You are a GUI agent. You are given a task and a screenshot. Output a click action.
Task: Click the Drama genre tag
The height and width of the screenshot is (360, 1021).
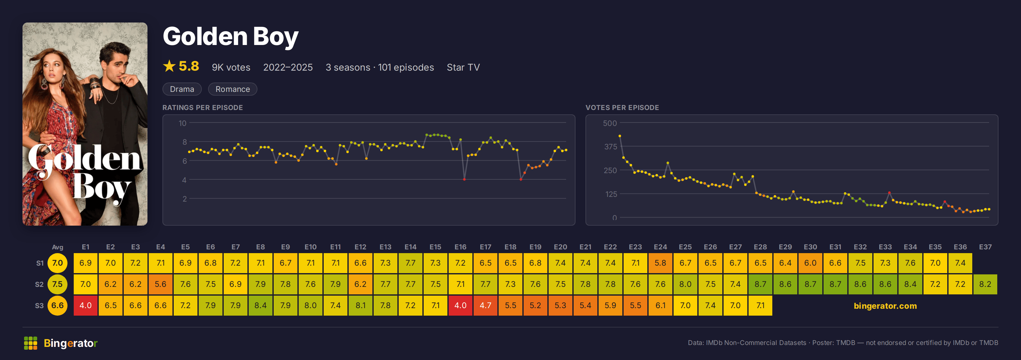point(182,89)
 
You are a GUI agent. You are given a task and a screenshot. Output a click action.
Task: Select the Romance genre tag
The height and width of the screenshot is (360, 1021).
point(233,89)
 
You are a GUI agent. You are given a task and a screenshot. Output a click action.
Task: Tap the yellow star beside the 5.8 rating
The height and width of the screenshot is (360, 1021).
point(169,66)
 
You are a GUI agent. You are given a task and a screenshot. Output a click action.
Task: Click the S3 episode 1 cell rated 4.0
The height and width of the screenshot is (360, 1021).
point(86,305)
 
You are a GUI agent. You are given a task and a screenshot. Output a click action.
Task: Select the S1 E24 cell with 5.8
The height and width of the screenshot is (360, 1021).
point(660,263)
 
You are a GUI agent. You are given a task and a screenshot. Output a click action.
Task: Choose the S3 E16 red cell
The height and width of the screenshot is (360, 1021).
point(460,305)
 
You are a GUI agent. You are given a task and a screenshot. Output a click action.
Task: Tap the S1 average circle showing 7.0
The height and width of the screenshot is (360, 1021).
point(57,263)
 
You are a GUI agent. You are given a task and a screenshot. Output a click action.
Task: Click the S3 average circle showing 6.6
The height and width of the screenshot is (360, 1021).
point(57,305)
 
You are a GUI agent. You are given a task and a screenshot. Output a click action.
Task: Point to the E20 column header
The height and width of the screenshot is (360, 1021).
point(560,247)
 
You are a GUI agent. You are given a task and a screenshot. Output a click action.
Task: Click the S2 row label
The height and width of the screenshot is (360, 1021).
point(39,284)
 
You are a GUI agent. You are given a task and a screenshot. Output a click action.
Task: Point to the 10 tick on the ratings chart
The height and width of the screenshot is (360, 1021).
point(182,123)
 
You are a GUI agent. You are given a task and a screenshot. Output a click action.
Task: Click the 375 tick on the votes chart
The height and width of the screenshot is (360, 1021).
point(610,147)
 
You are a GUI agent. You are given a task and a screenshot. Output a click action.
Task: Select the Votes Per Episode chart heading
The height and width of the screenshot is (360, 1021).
point(622,107)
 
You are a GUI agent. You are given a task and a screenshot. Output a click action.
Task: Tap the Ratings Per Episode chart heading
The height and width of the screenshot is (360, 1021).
point(202,107)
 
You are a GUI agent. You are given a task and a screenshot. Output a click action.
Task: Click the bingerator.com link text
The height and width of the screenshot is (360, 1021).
point(885,306)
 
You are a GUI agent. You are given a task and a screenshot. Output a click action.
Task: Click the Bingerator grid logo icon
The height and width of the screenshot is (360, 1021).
point(31,343)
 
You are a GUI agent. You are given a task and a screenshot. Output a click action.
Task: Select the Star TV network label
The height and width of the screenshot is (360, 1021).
point(463,67)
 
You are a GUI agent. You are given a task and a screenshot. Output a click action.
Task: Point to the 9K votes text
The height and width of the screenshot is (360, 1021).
point(231,67)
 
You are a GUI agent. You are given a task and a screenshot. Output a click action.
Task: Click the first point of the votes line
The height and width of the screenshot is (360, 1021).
point(620,136)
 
